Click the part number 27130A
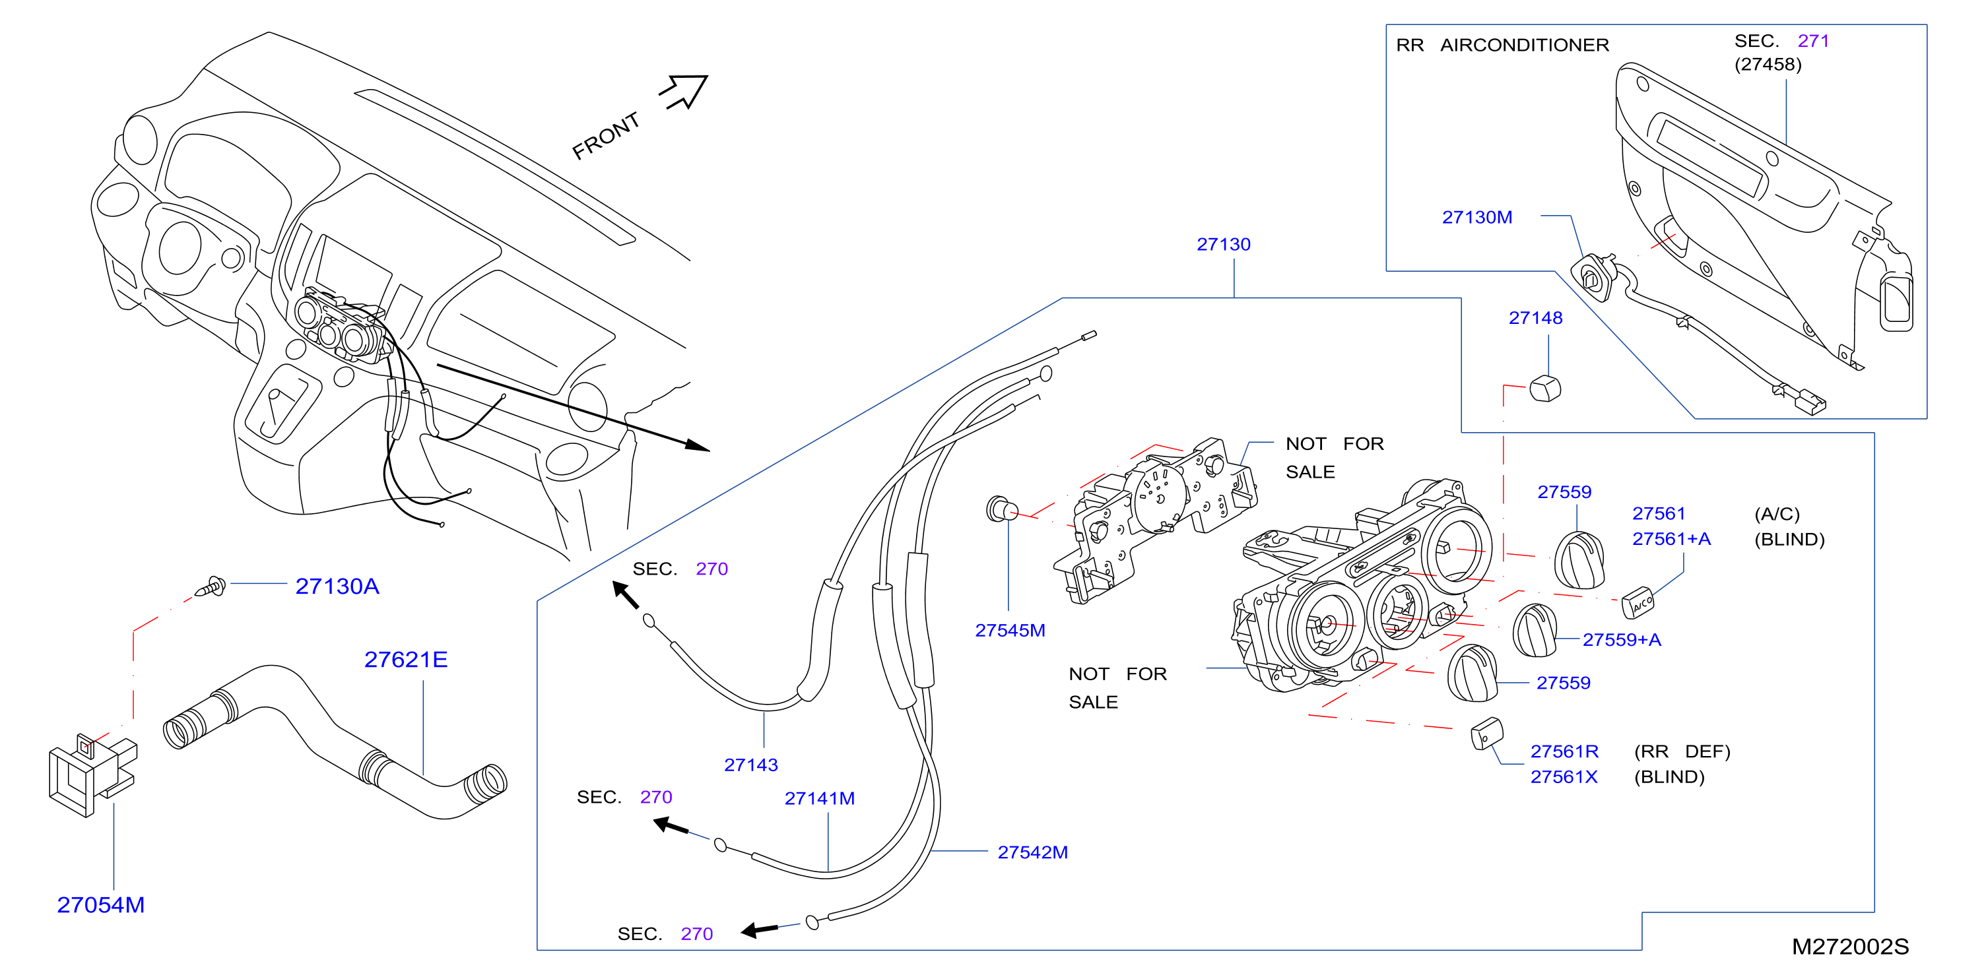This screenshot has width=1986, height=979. pos(337,586)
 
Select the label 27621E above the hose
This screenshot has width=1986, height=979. pos(405,660)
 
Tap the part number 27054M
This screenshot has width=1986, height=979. pos(100,905)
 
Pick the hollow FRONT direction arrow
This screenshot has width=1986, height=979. pos(684,92)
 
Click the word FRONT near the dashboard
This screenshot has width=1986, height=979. pos(606,136)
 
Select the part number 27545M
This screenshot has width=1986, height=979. pos(1010,631)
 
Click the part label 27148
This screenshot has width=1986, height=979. pos(1535,319)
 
